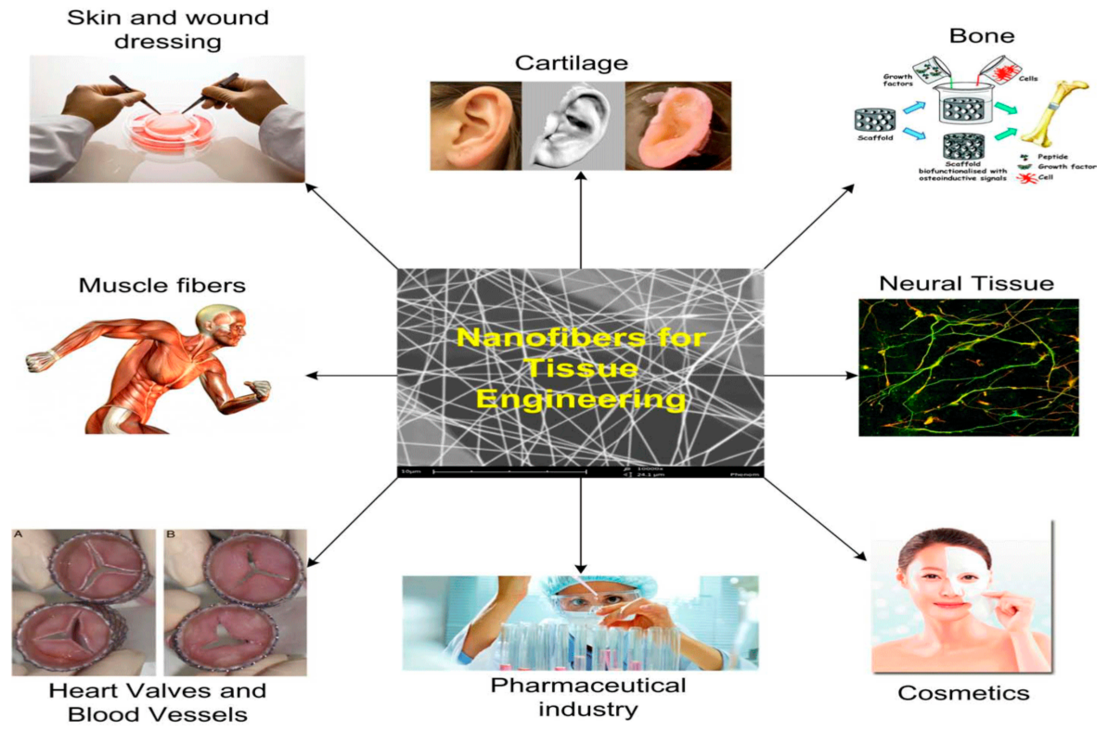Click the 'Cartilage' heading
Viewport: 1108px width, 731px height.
pyautogui.click(x=571, y=64)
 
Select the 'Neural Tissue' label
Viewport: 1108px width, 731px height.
pyautogui.click(x=966, y=284)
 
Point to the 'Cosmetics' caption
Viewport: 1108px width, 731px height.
pyautogui.click(x=963, y=693)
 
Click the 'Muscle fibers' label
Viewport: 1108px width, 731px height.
pyautogui.click(x=162, y=285)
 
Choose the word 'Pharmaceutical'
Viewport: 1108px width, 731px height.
pyautogui.click(x=588, y=686)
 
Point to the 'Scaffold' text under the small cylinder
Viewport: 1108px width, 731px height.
pyautogui.click(x=875, y=138)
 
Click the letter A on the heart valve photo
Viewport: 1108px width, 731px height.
pyautogui.click(x=19, y=534)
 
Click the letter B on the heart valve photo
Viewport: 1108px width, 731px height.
pyautogui.click(x=170, y=534)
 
